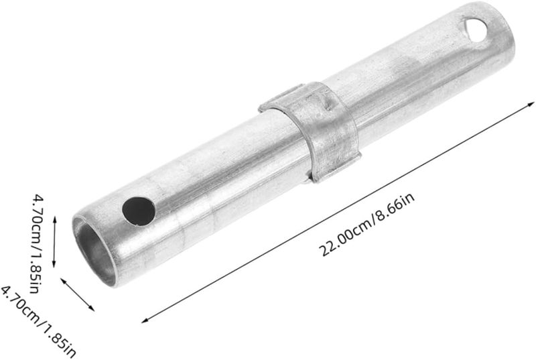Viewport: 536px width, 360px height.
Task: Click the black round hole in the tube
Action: coord(139,211)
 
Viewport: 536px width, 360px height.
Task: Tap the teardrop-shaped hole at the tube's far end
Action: coord(476,30)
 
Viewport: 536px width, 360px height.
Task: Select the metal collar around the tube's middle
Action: coord(310,131)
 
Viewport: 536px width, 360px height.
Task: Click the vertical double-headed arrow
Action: coord(54,242)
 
